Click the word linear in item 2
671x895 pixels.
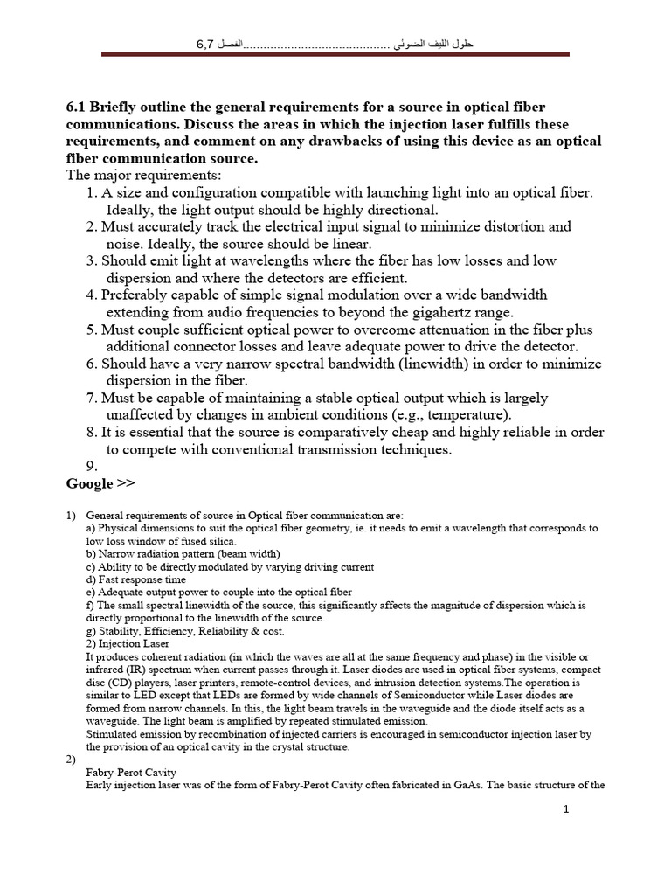[351, 244]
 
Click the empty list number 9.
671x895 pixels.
[93, 467]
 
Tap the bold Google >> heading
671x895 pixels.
[100, 483]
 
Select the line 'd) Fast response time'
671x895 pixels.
[136, 579]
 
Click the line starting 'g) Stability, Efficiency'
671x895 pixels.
[184, 630]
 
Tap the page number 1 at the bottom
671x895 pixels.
[566, 810]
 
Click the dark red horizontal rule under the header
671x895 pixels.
[335, 54]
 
